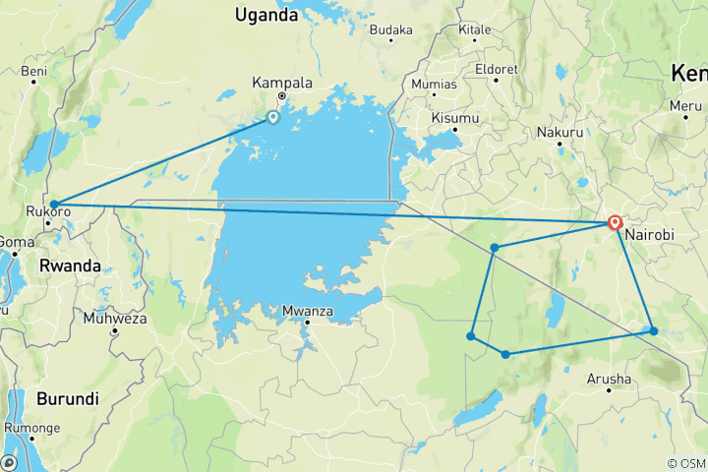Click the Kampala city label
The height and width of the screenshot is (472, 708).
coord(282,83)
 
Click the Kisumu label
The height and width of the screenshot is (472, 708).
coord(454,118)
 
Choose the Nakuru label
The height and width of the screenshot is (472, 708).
coord(560,132)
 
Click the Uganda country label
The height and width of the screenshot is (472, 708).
coord(265,15)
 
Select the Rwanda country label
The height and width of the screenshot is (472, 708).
coord(70,266)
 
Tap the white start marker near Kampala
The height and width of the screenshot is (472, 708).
coord(272,118)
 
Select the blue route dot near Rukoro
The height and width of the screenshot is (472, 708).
coord(54,205)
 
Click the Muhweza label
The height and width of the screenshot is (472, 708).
coord(115,318)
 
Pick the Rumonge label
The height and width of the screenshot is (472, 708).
coord(31,428)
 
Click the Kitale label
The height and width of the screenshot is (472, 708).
coord(474,29)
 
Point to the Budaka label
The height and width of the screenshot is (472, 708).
coord(391,29)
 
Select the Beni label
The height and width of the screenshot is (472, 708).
coord(34,72)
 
